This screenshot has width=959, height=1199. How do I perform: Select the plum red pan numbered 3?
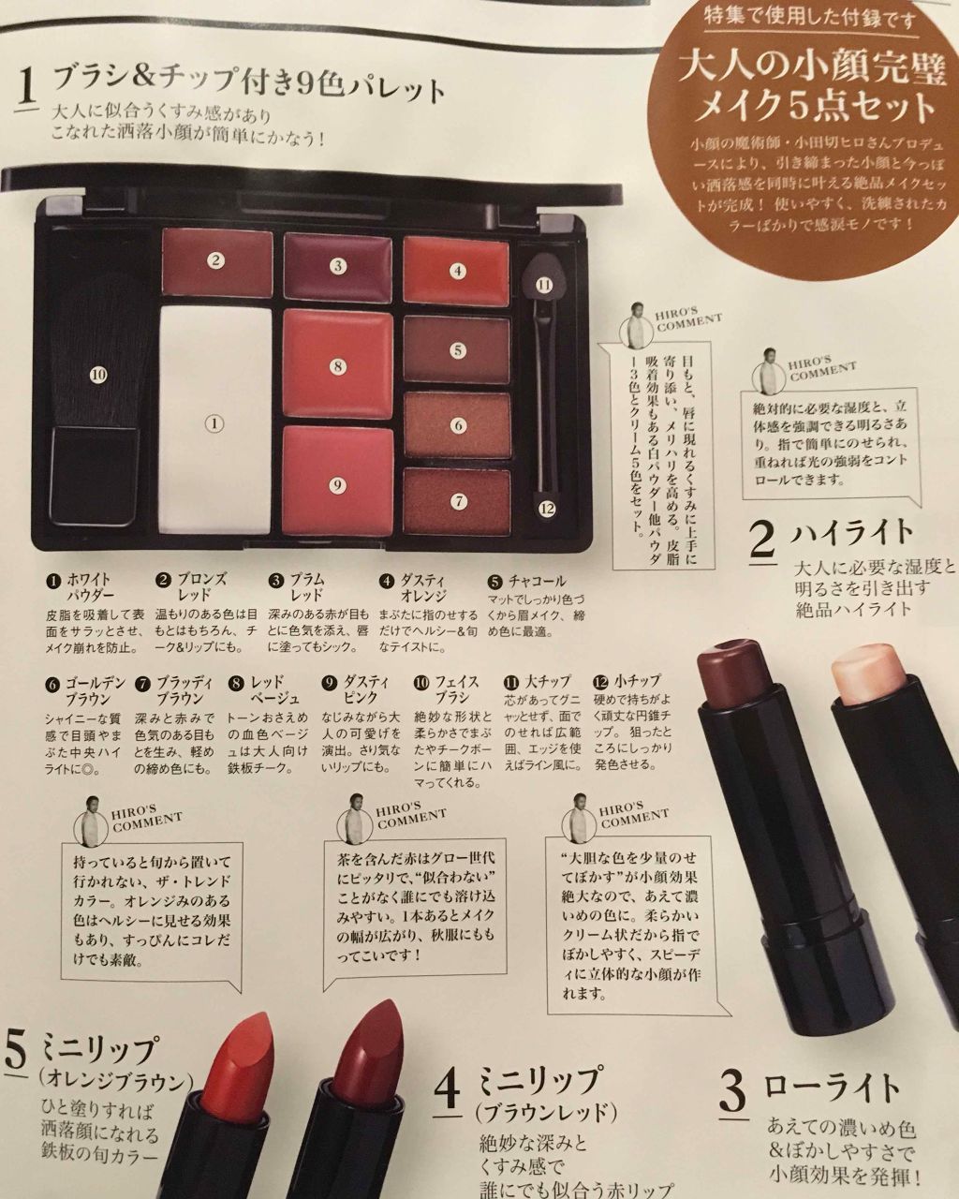pyautogui.click(x=337, y=265)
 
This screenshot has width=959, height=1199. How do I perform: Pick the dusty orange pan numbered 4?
pyautogui.click(x=457, y=269)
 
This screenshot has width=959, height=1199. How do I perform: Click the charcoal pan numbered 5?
pyautogui.click(x=457, y=349)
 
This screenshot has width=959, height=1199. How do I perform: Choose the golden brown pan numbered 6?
pyautogui.click(x=457, y=424)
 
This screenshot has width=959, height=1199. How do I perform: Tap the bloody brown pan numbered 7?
pyautogui.click(x=457, y=499)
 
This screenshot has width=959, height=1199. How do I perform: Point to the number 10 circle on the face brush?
pyautogui.click(x=99, y=375)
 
